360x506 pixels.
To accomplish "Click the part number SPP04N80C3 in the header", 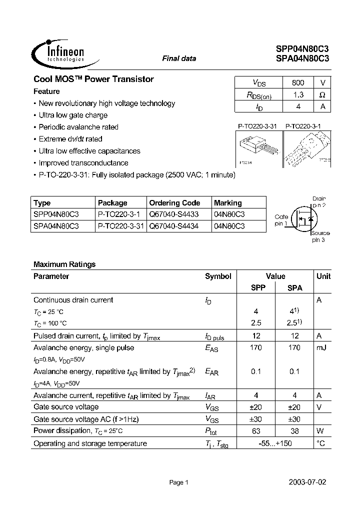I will [x=302, y=49].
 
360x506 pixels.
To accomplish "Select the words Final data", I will [x=179, y=58].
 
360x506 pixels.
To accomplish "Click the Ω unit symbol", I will [x=322, y=94].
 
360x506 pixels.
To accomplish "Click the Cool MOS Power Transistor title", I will [x=93, y=79].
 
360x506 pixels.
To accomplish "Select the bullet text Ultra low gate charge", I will [x=73, y=115].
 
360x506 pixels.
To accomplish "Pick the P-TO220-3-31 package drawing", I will [x=258, y=149].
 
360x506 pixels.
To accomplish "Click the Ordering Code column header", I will [x=174, y=203].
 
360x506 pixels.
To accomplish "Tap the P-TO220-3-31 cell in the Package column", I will [x=120, y=226].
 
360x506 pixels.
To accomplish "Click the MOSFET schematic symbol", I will [x=305, y=219].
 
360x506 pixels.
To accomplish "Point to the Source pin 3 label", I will [x=320, y=236].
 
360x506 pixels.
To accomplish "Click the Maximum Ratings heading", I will [x=64, y=264].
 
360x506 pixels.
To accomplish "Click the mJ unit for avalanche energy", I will [x=321, y=347].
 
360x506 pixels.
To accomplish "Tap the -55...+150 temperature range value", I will [x=275, y=443].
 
